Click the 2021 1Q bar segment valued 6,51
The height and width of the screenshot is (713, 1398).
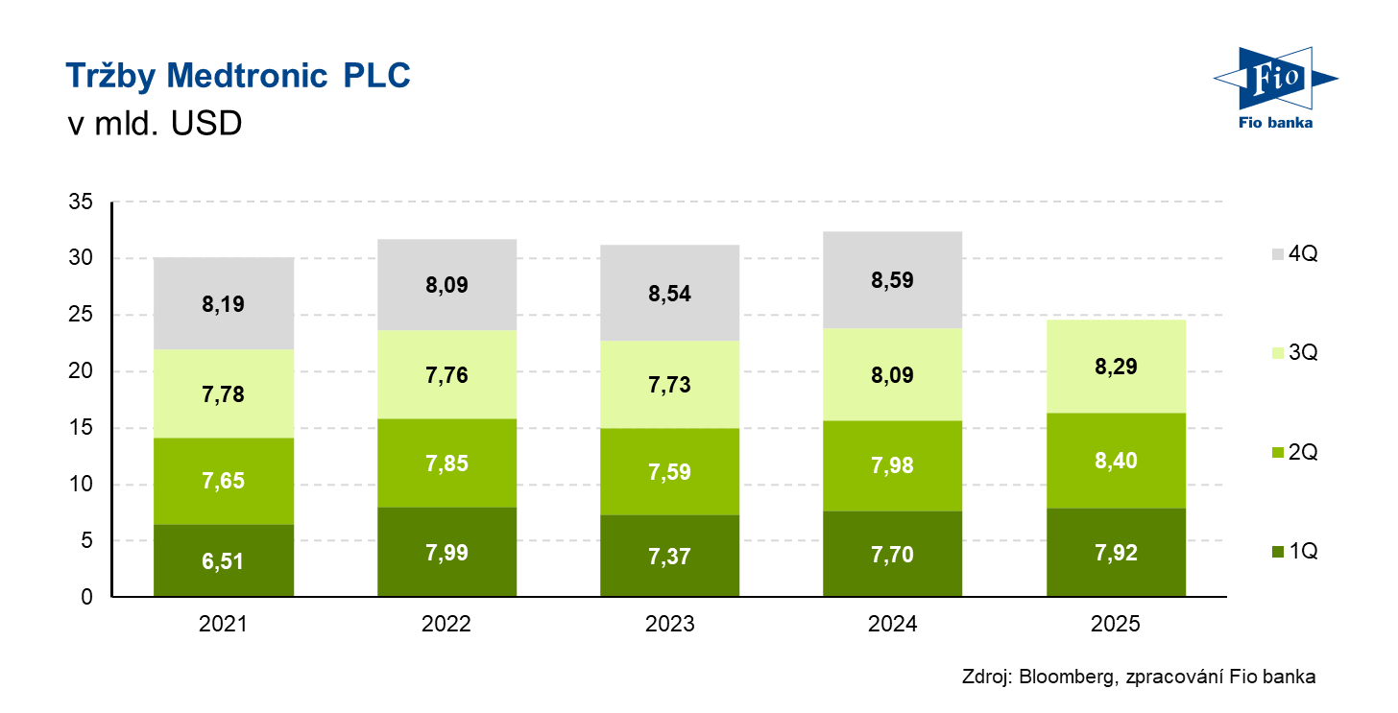(224, 560)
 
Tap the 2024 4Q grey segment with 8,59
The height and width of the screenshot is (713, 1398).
(893, 280)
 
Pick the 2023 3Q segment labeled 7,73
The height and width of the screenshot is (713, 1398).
(670, 385)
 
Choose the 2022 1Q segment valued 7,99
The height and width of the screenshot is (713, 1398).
(446, 552)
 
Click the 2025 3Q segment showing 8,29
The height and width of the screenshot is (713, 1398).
(1115, 366)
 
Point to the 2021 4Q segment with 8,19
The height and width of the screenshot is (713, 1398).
(224, 304)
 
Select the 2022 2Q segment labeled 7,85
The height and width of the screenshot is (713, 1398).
(446, 463)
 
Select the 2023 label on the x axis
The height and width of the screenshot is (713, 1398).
(670, 624)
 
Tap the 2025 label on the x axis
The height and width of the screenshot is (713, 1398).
(1115, 624)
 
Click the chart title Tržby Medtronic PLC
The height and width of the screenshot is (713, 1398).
(237, 77)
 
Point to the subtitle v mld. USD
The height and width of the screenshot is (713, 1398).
(154, 125)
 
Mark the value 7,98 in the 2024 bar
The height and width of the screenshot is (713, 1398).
(893, 465)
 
